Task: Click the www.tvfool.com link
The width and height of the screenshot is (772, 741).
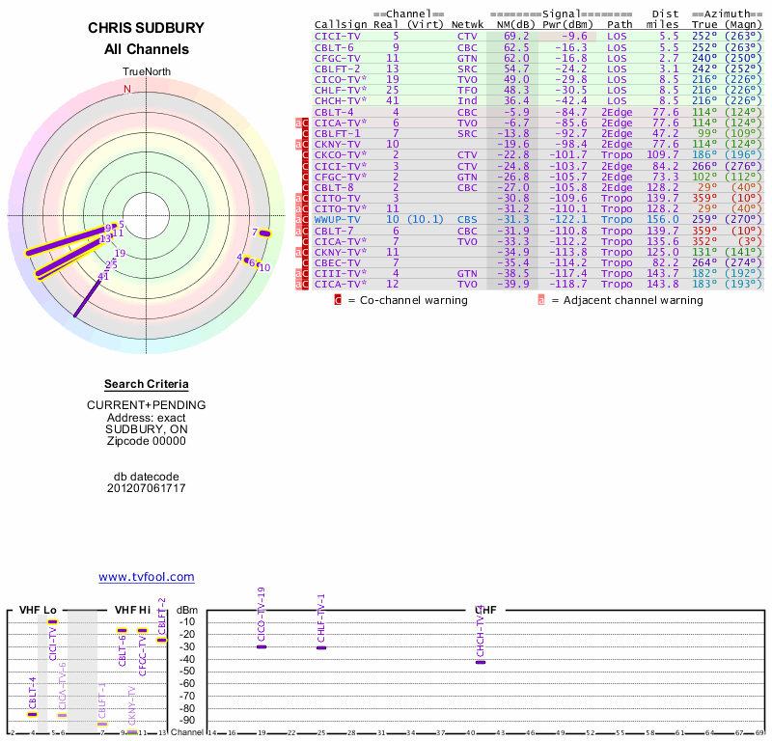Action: (146, 577)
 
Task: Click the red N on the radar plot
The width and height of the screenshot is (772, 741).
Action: (126, 89)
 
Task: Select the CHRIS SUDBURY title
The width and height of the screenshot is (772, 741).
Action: (146, 28)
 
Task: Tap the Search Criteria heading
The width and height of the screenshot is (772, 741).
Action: (146, 384)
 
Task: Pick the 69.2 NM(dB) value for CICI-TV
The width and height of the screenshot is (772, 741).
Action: (516, 36)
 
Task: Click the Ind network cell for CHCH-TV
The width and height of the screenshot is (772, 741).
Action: (467, 100)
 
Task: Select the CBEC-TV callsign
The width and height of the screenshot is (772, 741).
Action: (338, 262)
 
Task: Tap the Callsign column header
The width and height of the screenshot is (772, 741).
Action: (342, 24)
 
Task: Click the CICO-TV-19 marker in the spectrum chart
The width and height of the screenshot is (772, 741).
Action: (262, 646)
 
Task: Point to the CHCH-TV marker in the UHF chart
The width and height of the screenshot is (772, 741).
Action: (481, 662)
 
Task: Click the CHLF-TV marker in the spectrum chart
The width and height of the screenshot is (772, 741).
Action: (321, 647)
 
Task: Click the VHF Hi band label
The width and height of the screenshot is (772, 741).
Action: (133, 610)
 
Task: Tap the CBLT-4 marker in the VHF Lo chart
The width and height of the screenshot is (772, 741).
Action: (32, 714)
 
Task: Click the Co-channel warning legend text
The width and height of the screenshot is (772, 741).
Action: (406, 300)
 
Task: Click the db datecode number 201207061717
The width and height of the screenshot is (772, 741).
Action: (146, 487)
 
